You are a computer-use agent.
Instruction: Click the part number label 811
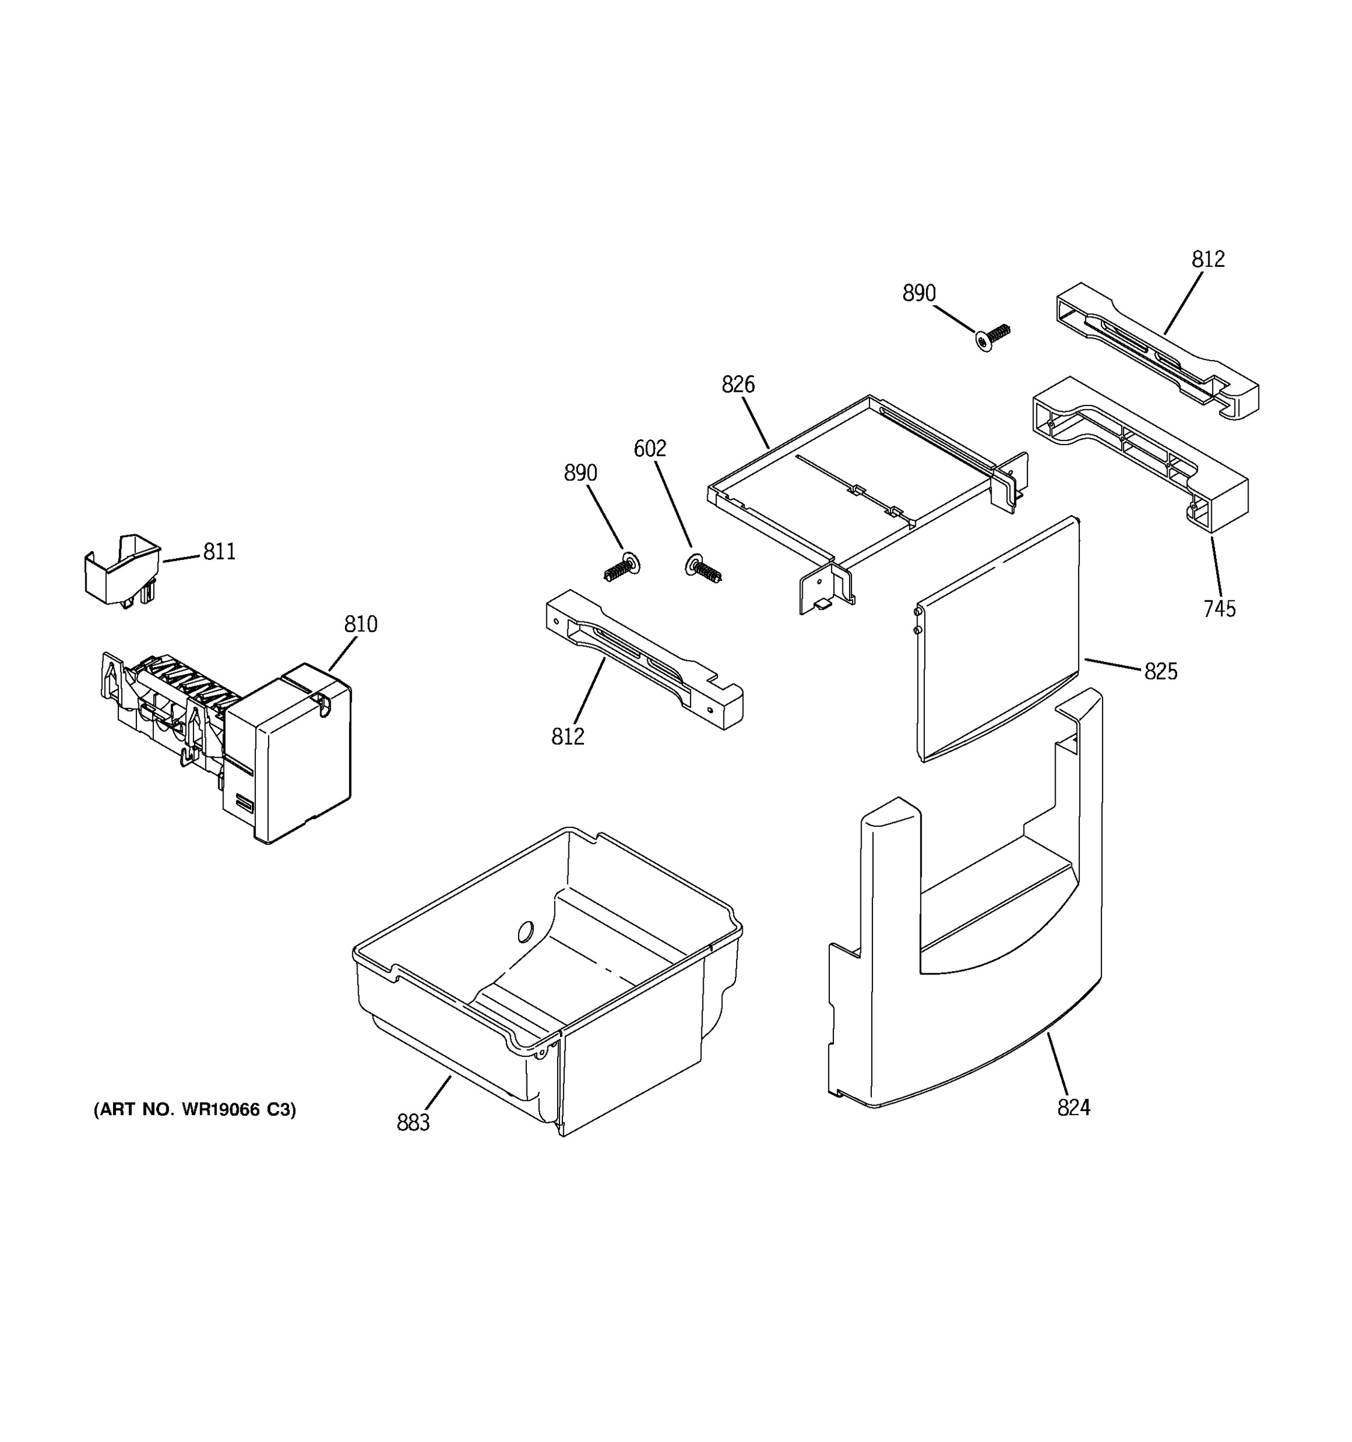(219, 552)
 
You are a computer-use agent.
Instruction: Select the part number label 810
(361, 624)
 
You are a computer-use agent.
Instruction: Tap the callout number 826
(738, 385)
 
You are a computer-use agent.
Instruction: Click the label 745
(1219, 609)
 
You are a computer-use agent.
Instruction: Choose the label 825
(1160, 672)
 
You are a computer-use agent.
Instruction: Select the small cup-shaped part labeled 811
(122, 570)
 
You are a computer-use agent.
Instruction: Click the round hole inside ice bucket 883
(526, 931)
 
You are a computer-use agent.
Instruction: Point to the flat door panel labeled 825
(997, 638)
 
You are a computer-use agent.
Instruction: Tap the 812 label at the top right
(1208, 259)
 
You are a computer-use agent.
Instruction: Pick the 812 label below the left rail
(567, 737)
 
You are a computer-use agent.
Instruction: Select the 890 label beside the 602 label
(580, 473)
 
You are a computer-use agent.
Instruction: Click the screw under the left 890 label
(621, 567)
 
